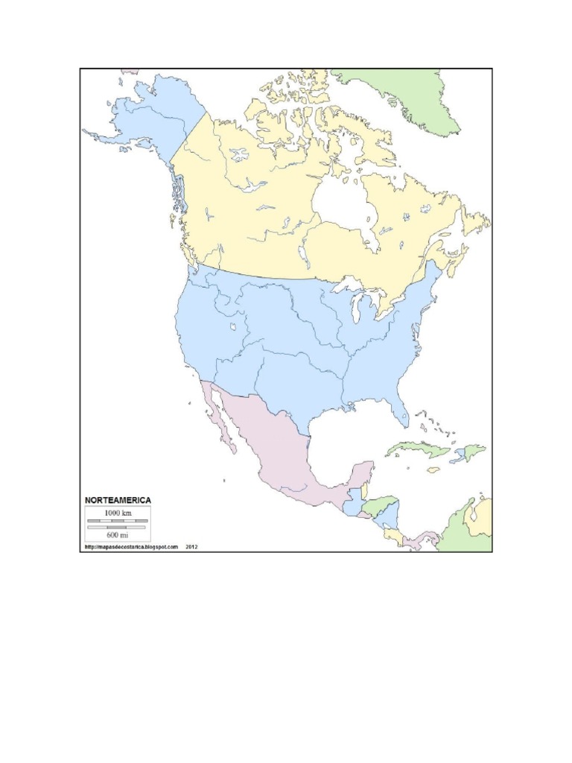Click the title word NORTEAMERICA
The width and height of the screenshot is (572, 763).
118,499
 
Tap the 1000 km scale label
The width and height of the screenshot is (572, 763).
118,513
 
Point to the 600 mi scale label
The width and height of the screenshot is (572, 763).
118,534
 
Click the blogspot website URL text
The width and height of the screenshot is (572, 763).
131,546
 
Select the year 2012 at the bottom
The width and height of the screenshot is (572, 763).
191,546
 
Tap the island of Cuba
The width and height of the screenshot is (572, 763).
417,449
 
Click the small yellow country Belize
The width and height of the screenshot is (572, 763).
365,492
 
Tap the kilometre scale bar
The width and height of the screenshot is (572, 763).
118,520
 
